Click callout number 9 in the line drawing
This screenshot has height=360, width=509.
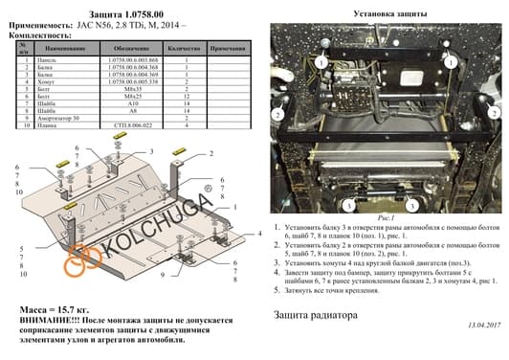(162, 275)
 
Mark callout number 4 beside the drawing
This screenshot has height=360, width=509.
(259, 233)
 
